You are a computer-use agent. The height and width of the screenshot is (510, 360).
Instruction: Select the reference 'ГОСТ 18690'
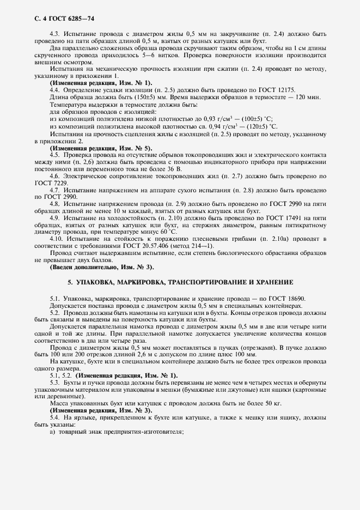(288, 299)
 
